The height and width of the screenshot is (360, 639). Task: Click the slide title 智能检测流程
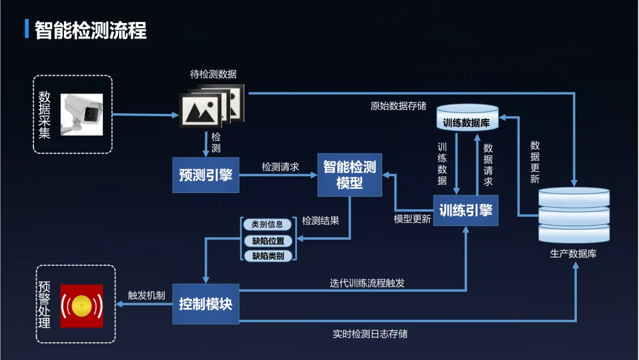click(x=91, y=30)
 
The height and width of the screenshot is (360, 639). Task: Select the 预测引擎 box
click(x=205, y=175)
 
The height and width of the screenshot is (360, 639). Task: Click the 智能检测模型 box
click(x=349, y=175)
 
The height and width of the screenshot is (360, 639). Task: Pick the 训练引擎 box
click(x=466, y=210)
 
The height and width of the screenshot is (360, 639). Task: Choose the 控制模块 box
click(x=205, y=304)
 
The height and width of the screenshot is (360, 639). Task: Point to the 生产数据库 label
click(x=573, y=254)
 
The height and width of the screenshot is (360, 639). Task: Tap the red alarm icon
click(x=82, y=306)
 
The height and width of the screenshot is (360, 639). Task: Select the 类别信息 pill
click(x=267, y=224)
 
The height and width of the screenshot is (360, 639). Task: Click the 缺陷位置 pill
click(x=267, y=241)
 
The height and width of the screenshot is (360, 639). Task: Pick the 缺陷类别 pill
click(x=267, y=256)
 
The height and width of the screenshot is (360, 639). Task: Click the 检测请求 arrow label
click(x=280, y=167)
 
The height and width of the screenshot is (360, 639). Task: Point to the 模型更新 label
click(x=412, y=219)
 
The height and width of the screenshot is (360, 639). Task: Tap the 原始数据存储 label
click(x=398, y=106)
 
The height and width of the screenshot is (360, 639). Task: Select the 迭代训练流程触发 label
click(x=367, y=283)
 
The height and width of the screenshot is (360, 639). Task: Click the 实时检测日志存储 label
click(x=370, y=333)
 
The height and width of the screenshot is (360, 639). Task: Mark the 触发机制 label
click(x=146, y=295)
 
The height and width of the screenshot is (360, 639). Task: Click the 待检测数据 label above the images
click(x=213, y=74)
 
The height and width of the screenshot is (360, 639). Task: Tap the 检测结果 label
click(x=320, y=220)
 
